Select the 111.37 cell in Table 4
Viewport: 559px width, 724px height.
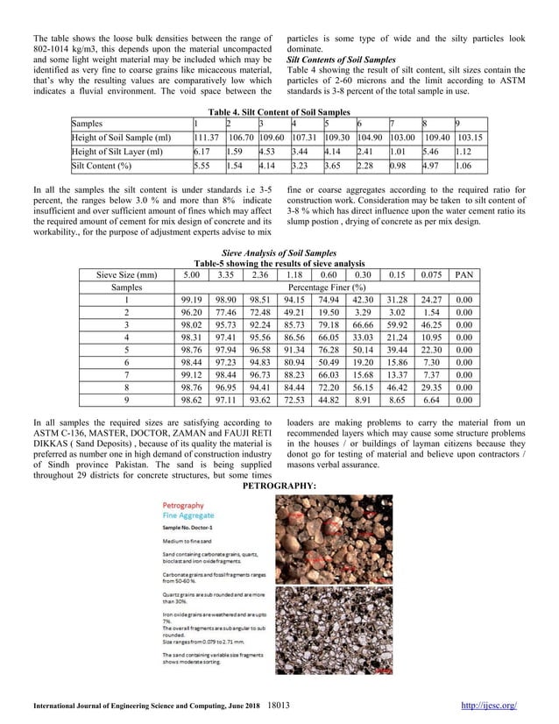(206, 138)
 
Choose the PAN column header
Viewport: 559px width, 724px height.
(467, 274)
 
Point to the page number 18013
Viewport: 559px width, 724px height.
(279, 703)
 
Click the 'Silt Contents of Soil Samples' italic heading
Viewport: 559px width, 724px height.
(337, 60)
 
